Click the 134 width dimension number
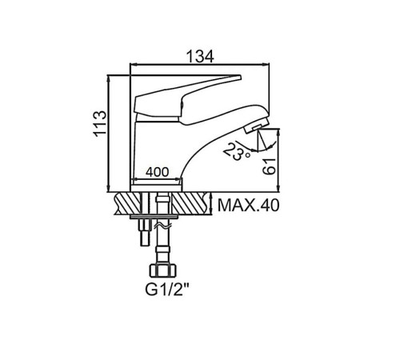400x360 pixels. click(x=200, y=56)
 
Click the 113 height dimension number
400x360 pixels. click(x=100, y=123)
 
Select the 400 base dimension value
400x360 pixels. click(x=157, y=172)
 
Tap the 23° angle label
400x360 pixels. click(x=236, y=152)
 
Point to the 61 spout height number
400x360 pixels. click(x=269, y=166)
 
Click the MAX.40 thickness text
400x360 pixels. click(x=249, y=206)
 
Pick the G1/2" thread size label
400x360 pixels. click(x=167, y=290)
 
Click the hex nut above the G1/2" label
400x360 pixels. click(x=163, y=270)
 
